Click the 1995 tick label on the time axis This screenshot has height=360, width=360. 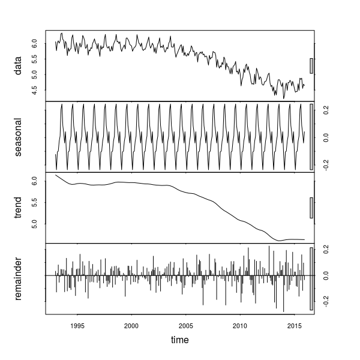click(x=77, y=326)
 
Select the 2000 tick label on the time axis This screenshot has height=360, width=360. click(x=131, y=326)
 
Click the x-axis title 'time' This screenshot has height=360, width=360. click(x=180, y=340)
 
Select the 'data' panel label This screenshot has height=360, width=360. click(x=19, y=66)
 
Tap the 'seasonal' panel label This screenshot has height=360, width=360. click(x=19, y=137)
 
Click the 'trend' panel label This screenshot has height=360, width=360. click(x=19, y=207)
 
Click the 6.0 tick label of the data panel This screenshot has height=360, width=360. click(x=35, y=44)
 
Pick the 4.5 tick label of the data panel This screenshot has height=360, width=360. click(x=35, y=90)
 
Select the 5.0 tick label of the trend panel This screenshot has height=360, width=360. click(x=35, y=223)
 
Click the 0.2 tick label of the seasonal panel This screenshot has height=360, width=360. click(x=325, y=110)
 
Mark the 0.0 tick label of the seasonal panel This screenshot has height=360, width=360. click(x=325, y=137)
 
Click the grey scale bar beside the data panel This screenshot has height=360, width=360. click(x=311, y=65)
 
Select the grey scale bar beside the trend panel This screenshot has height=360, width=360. click(x=311, y=208)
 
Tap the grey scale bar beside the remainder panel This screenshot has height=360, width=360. click(x=311, y=279)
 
